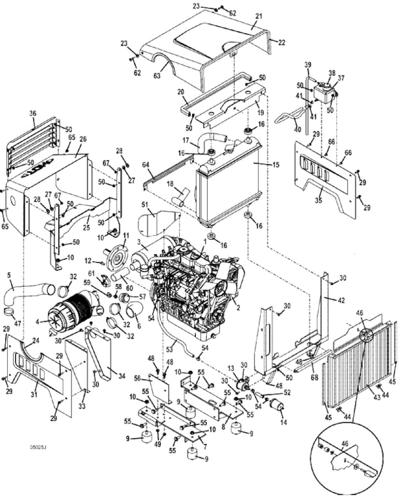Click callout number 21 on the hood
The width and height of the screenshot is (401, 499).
259,16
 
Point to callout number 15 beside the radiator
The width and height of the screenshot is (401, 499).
275,165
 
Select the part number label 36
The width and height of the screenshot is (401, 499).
32,114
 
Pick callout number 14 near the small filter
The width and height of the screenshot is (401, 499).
284,422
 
